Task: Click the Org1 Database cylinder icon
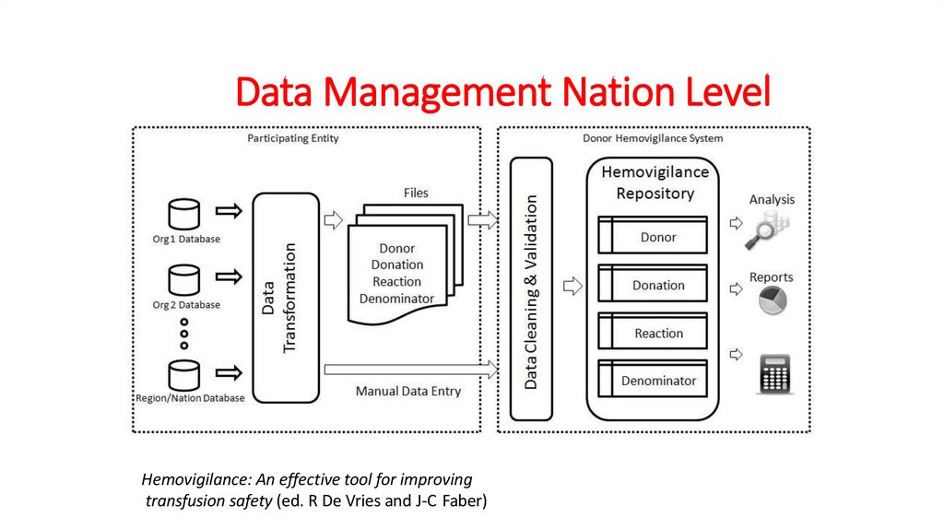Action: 183,214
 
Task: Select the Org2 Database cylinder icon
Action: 184,279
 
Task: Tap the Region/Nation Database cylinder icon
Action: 184,374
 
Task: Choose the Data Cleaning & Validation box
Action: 531,288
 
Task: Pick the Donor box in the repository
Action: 653,236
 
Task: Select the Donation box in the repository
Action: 653,285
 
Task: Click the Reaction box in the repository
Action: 653,334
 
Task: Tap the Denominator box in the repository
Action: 653,380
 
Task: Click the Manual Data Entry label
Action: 407,392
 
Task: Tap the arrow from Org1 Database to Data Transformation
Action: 228,211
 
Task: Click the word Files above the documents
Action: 416,193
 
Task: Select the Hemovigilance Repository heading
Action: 655,182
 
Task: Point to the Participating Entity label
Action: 293,139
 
